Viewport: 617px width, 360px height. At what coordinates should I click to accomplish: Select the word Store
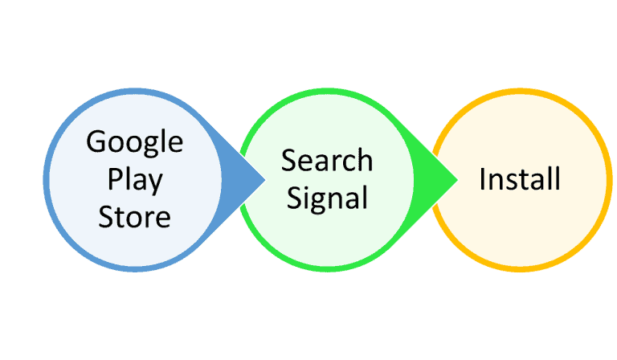point(135,217)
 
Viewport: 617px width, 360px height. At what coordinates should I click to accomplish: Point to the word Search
point(327,161)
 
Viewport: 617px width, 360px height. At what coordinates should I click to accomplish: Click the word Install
point(520,179)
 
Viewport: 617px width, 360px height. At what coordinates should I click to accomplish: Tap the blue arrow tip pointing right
point(265,180)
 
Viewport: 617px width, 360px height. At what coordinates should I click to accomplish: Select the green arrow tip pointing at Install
point(458,180)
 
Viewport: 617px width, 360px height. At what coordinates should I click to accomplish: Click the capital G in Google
point(96,141)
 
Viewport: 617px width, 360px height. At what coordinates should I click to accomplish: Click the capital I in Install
point(482,179)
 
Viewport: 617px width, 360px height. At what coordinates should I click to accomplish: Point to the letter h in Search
point(365,161)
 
